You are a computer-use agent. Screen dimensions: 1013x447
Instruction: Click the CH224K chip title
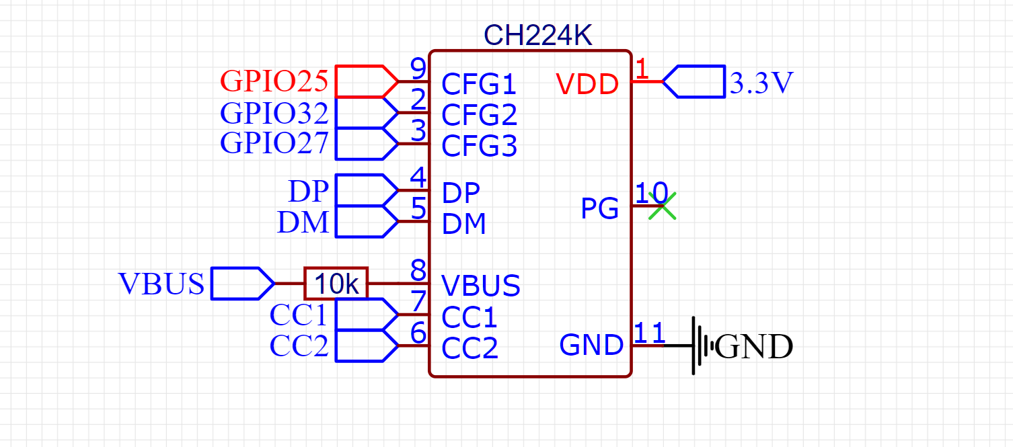pyautogui.click(x=537, y=35)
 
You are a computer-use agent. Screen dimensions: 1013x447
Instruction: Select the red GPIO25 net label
pyautogui.click(x=274, y=81)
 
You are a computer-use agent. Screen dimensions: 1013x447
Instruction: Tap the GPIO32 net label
pyautogui.click(x=274, y=113)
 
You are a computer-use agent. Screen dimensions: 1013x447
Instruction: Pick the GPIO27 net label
pyautogui.click(x=274, y=143)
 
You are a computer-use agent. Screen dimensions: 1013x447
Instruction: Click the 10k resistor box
pyautogui.click(x=336, y=284)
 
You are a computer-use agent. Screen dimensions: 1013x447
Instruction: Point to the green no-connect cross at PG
pyautogui.click(x=662, y=206)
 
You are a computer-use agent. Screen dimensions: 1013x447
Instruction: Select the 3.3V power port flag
pyautogui.click(x=693, y=81)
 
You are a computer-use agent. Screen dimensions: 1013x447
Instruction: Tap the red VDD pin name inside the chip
pyautogui.click(x=587, y=84)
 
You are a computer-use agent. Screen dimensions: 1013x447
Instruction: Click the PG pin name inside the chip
pyautogui.click(x=599, y=208)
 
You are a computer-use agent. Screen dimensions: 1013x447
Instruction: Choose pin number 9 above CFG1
pyautogui.click(x=418, y=69)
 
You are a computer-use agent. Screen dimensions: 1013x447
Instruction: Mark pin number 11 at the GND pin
pyautogui.click(x=649, y=333)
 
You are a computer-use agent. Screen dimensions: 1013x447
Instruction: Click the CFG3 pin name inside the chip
pyautogui.click(x=479, y=147)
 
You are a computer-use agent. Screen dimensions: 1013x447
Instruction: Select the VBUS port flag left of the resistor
pyautogui.click(x=243, y=284)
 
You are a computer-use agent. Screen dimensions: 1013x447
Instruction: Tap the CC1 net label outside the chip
pyautogui.click(x=299, y=315)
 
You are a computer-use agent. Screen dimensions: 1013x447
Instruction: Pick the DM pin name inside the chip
pyautogui.click(x=463, y=225)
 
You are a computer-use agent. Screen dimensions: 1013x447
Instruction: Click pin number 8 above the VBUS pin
pyautogui.click(x=418, y=270)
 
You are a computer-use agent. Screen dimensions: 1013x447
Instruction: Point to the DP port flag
pyautogui.click(x=367, y=190)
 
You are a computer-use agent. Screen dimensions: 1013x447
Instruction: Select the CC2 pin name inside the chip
pyautogui.click(x=470, y=348)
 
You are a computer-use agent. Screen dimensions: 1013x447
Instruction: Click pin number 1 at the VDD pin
pyautogui.click(x=642, y=69)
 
